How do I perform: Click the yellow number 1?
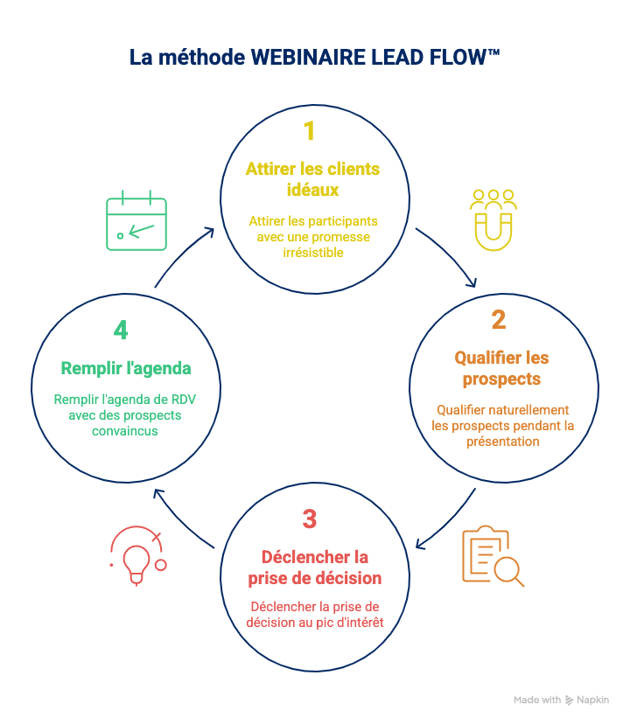pyautogui.click(x=309, y=131)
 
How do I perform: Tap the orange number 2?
pyautogui.click(x=498, y=320)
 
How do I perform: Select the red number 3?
pyautogui.click(x=309, y=519)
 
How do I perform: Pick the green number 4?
pyautogui.click(x=121, y=331)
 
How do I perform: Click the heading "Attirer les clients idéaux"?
pyautogui.click(x=312, y=178)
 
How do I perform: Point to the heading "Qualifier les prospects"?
pyautogui.click(x=501, y=368)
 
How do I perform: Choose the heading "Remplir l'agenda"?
pyautogui.click(x=126, y=367)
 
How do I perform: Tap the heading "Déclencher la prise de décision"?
pyautogui.click(x=314, y=567)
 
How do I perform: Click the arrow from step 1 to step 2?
pyautogui.click(x=448, y=257)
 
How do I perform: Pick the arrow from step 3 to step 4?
pyautogui.click(x=181, y=519)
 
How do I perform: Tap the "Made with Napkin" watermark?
pyautogui.click(x=561, y=700)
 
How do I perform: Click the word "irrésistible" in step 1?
pyautogui.click(x=312, y=253)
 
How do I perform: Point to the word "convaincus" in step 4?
pyautogui.click(x=125, y=430)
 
